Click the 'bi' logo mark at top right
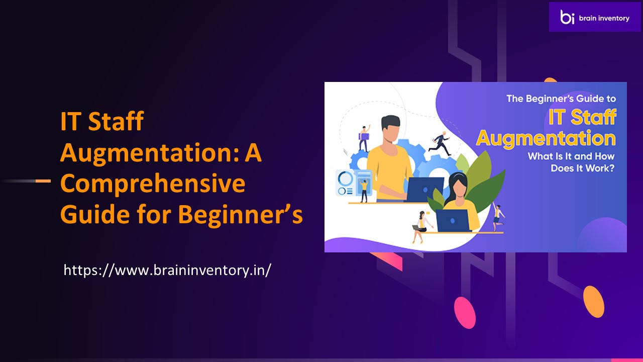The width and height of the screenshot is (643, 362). click(x=568, y=17)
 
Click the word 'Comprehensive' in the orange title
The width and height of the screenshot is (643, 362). click(x=153, y=184)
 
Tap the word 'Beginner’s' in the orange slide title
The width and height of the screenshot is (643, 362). click(x=241, y=215)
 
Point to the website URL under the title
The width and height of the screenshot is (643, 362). click(x=167, y=270)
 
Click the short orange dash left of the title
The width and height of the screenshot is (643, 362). click(x=43, y=180)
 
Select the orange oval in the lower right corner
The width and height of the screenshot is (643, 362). click(x=594, y=301)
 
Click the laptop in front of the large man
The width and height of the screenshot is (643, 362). click(x=424, y=190)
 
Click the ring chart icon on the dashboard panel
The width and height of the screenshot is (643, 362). click(x=346, y=178)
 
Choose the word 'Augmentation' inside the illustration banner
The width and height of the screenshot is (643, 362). click(x=546, y=138)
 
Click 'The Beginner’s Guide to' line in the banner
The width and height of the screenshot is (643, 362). click(x=561, y=99)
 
